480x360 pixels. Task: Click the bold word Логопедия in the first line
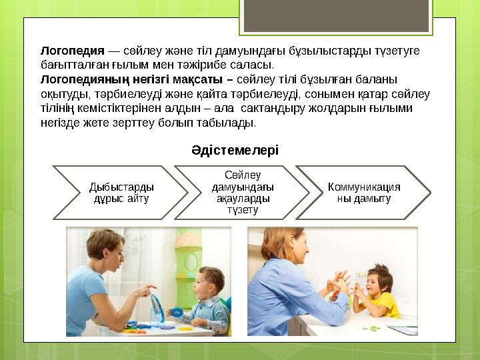coord(73,51)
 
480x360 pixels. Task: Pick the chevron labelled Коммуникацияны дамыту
coord(364,193)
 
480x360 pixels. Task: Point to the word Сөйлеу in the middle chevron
coord(243,174)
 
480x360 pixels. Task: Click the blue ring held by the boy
coord(176,311)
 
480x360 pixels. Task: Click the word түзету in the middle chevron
coord(243,211)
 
